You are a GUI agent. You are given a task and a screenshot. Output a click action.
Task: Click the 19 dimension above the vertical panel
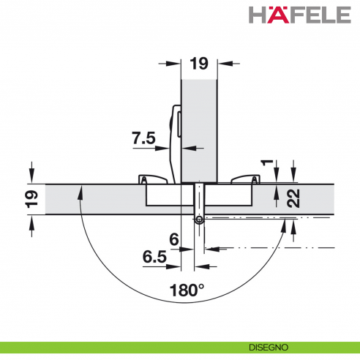click(199, 64)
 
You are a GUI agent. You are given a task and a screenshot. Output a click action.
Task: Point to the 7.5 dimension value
click(144, 138)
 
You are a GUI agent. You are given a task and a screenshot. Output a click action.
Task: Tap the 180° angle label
click(187, 290)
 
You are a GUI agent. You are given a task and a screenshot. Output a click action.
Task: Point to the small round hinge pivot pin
click(198, 220)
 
